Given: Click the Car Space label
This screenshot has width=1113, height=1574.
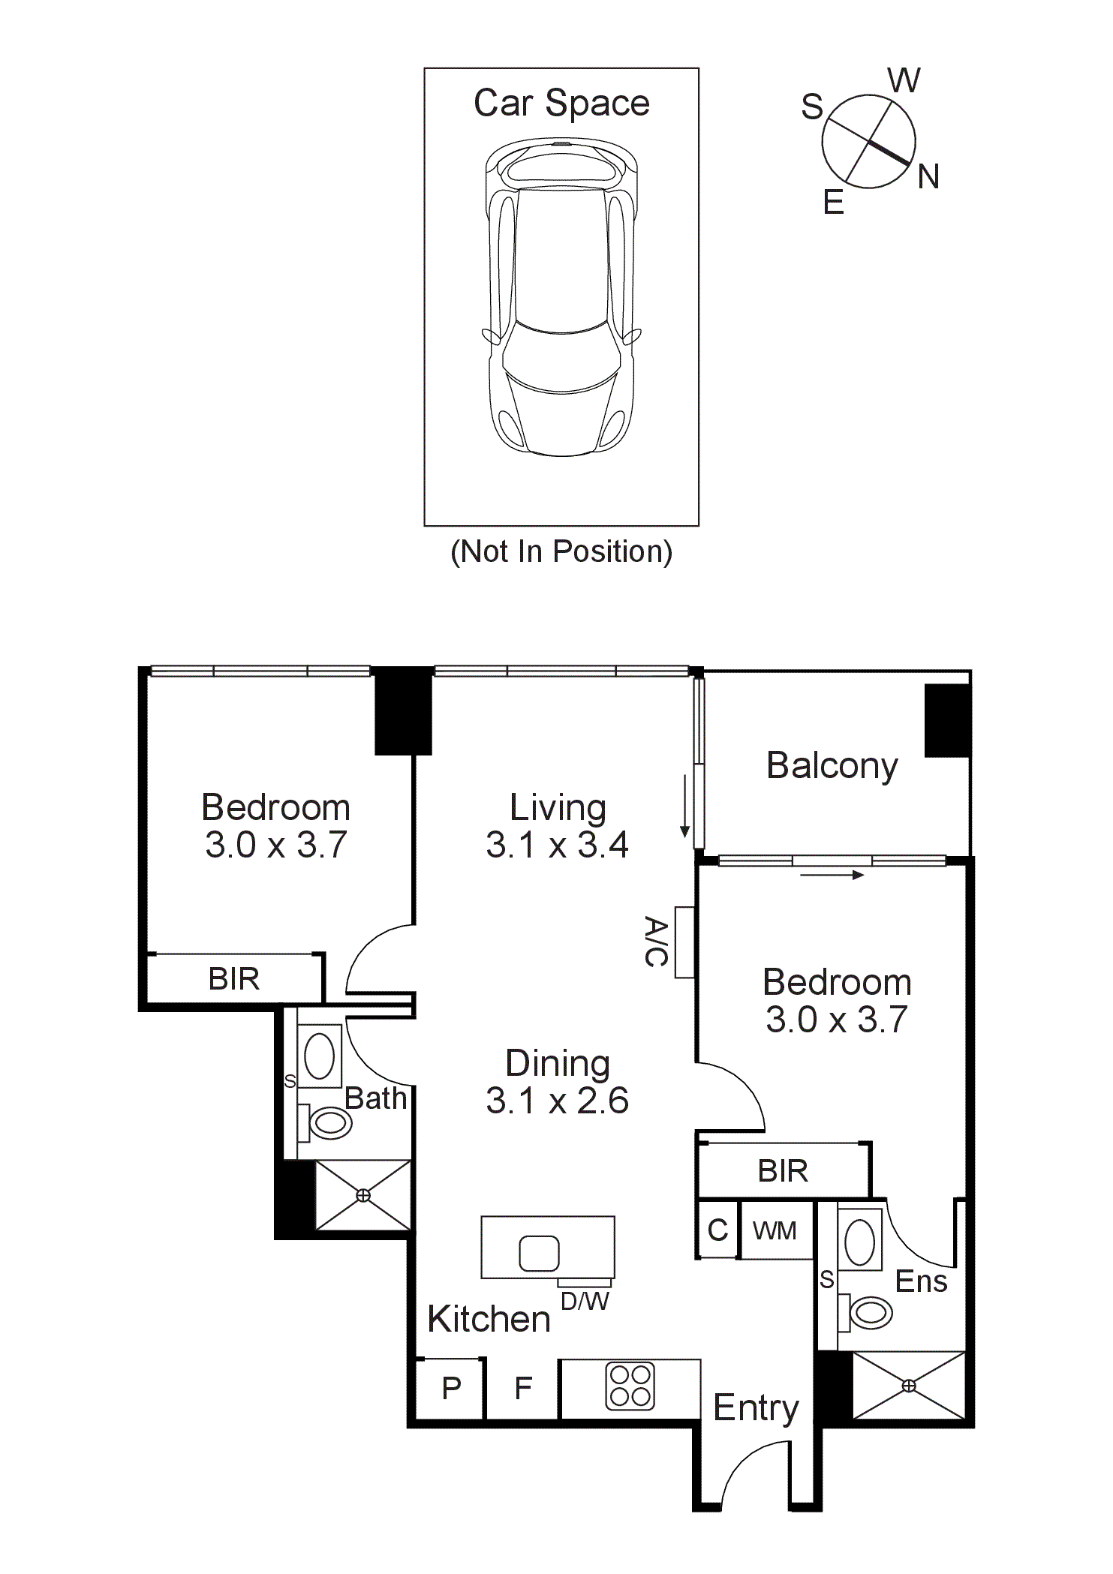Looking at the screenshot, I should click(x=561, y=103).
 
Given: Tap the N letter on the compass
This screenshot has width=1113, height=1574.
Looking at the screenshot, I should click(x=928, y=178).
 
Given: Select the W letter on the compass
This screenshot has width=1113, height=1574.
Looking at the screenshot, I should click(x=904, y=80).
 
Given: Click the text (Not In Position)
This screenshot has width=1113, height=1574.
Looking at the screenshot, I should click(x=561, y=551).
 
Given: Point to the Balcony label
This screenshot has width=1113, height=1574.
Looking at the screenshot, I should click(x=832, y=766).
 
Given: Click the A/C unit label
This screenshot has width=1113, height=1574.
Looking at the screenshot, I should click(x=656, y=942).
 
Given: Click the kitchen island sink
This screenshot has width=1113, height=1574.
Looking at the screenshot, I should click(x=539, y=1253).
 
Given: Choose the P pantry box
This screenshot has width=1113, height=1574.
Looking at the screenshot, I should click(x=451, y=1388).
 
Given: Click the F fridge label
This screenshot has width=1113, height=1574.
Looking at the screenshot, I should click(x=523, y=1388).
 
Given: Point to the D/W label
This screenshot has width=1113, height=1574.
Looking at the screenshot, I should click(x=585, y=1302).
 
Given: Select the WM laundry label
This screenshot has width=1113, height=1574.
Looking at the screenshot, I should click(x=775, y=1231).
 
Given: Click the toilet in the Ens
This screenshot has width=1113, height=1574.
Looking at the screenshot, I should click(x=869, y=1312).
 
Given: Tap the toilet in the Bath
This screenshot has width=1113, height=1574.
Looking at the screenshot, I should click(x=329, y=1122).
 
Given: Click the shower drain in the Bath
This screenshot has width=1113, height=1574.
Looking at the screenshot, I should click(x=363, y=1195).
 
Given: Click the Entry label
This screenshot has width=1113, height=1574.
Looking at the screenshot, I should click(x=756, y=1408).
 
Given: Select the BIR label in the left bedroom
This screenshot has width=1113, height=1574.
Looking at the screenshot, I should click(x=234, y=979).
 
